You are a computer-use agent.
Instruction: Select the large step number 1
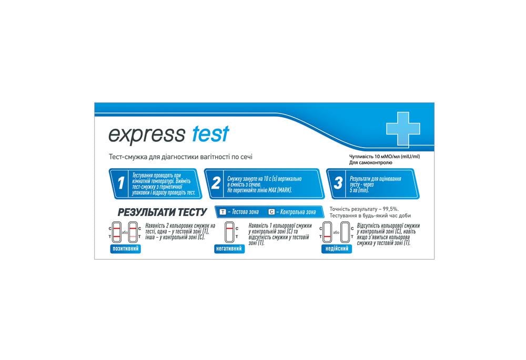121,183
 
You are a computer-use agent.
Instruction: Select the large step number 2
215,183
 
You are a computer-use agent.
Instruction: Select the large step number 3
338,183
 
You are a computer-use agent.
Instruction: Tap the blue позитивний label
125,248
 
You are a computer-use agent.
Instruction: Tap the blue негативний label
229,249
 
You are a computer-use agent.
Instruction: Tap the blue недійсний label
336,249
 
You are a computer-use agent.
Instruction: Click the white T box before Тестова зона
222,212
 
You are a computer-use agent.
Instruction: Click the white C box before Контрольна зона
271,212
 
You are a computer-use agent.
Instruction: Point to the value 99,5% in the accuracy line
388,209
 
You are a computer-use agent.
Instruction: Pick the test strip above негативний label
229,232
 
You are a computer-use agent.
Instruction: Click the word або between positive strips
125,232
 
